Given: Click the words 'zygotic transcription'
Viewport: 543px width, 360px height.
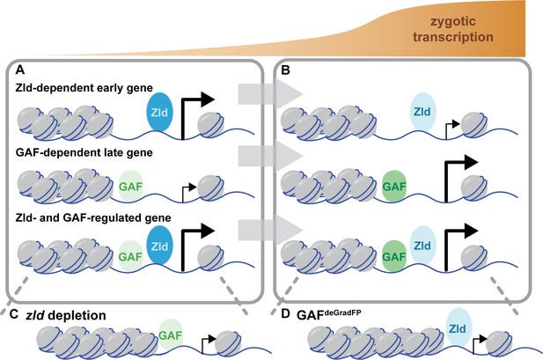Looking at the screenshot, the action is click(453, 29).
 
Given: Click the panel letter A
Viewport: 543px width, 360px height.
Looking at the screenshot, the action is click(20, 70).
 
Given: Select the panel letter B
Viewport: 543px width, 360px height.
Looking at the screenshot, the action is click(286, 70).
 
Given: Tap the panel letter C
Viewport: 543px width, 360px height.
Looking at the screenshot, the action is click(14, 314).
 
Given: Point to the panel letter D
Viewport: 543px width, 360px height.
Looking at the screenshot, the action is click(285, 314).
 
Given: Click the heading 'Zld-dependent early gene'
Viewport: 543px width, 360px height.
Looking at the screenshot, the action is click(84, 88).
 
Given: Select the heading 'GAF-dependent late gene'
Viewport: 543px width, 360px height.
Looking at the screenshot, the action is click(84, 152).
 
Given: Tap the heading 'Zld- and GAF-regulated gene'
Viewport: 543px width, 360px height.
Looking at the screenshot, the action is click(93, 218).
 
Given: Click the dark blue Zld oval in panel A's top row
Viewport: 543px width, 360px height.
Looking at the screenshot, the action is click(159, 112).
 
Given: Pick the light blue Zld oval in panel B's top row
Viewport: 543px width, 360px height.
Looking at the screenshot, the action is click(422, 112).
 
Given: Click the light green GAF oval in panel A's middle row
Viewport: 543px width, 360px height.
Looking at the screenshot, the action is click(130, 187).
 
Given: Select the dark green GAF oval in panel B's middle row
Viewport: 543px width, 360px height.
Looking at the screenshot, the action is click(394, 187).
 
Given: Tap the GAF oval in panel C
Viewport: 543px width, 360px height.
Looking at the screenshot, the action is click(171, 335).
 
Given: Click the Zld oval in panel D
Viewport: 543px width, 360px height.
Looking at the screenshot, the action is click(458, 328).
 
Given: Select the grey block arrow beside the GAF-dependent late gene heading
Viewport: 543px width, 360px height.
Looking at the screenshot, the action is click(270, 156).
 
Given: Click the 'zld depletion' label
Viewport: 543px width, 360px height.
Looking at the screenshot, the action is click(66, 315).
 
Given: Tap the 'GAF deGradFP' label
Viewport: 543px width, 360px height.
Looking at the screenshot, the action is click(329, 314).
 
